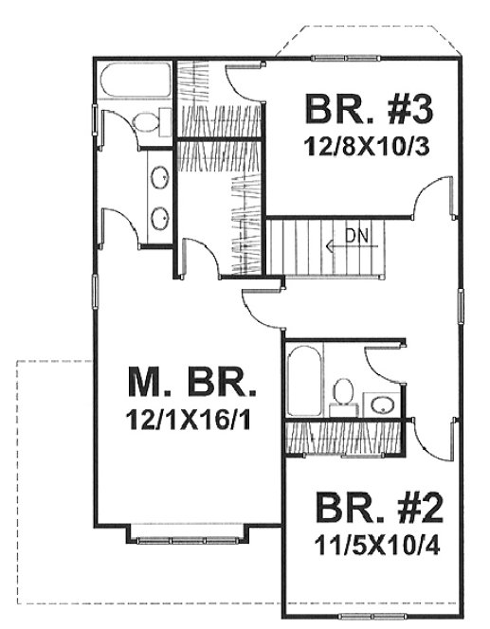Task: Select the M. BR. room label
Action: pos(192,384)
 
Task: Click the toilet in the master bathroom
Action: pos(148,120)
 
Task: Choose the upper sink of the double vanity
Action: pos(160,177)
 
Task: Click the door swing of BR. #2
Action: pos(434,438)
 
